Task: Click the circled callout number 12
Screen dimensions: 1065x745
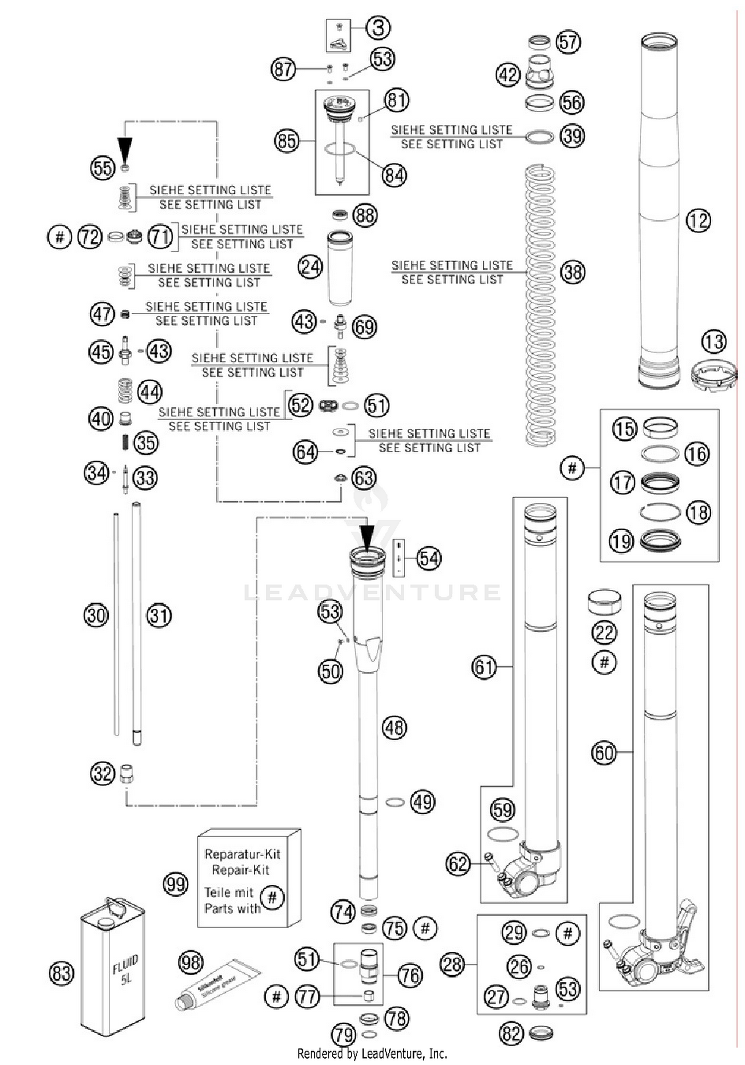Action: (x=698, y=220)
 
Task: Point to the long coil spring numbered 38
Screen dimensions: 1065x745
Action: (x=540, y=305)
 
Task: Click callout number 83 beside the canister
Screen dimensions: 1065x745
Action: (x=62, y=973)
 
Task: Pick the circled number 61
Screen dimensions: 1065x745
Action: (x=483, y=667)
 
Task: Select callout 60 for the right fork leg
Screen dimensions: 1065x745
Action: (x=603, y=753)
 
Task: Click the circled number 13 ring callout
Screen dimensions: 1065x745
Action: (x=714, y=342)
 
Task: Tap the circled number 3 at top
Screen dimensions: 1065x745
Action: (x=378, y=28)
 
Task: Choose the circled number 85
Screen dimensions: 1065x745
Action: (x=287, y=141)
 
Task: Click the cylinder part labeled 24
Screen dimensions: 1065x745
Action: (x=340, y=268)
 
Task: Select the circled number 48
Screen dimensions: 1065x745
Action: (x=394, y=728)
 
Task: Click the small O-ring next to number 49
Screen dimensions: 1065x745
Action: (x=395, y=802)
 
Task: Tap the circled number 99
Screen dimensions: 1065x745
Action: (x=175, y=884)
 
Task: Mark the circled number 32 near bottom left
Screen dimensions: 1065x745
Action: (x=102, y=774)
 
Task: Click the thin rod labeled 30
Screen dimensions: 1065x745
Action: (x=116, y=623)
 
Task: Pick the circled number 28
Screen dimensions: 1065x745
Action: (x=452, y=965)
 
